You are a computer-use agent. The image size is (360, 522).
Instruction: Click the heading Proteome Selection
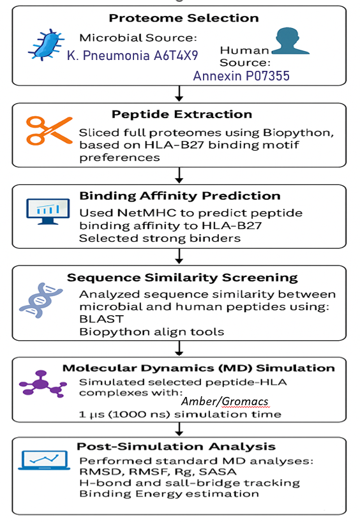click(x=184, y=18)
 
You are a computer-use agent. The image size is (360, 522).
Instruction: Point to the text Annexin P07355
click(x=241, y=77)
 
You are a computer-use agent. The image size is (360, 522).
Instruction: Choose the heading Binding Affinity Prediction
click(x=179, y=196)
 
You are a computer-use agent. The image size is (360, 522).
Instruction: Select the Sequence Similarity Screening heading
click(x=182, y=278)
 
